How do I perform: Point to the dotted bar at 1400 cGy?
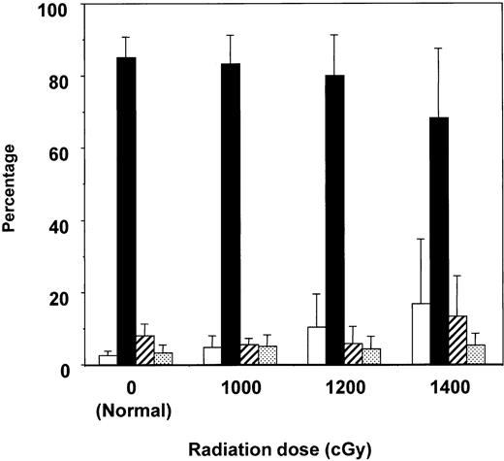click(476, 354)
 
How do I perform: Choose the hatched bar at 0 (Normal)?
click(144, 349)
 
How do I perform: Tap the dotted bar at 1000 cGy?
click(268, 355)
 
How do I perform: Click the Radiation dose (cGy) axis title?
click(291, 448)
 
